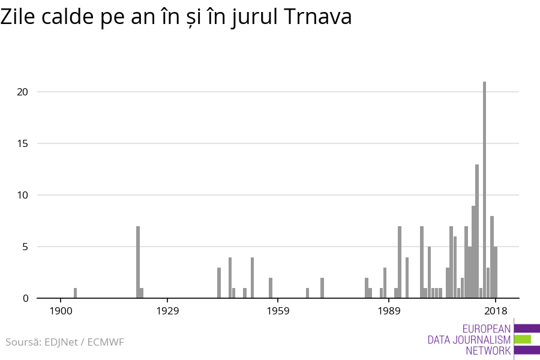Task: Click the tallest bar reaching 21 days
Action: [x=484, y=190]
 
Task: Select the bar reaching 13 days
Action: [x=477, y=231]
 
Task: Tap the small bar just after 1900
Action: [x=75, y=293]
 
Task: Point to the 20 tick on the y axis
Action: [x=23, y=92]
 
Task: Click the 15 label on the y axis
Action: [x=23, y=143]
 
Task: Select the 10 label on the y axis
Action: [x=23, y=195]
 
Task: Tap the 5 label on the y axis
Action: [x=25, y=247]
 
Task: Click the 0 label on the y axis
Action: [x=25, y=298]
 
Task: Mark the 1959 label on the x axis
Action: [x=279, y=311]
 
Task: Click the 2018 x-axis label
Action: [x=496, y=311]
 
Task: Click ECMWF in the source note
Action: [x=106, y=342]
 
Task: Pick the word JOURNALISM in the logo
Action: [x=482, y=340]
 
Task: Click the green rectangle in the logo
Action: [x=523, y=340]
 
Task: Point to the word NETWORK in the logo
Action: [x=488, y=351]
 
